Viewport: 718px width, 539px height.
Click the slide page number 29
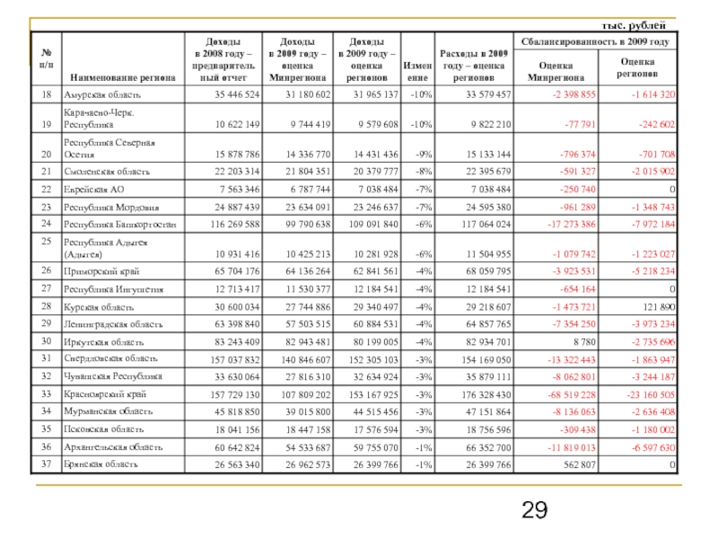pos(535,511)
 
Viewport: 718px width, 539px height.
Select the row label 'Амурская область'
pos(101,94)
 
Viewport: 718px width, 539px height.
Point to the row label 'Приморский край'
pos(98,269)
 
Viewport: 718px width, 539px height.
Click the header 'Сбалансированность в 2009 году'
pos(593,41)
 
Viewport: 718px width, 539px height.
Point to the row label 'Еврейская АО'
pos(93,189)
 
